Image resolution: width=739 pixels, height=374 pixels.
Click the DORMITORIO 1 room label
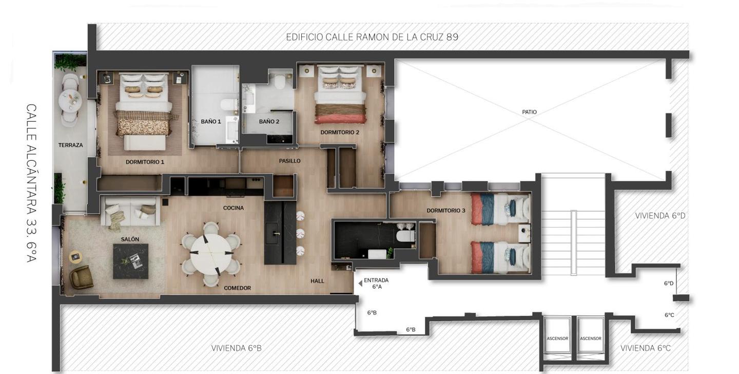[145, 162]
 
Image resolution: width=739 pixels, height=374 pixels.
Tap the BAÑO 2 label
[269, 122]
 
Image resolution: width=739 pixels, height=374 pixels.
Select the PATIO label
[529, 112]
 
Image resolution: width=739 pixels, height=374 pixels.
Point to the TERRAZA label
[71, 145]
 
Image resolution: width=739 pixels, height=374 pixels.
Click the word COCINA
[233, 208]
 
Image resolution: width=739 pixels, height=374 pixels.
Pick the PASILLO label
[289, 161]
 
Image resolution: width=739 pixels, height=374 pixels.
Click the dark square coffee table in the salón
[131, 261]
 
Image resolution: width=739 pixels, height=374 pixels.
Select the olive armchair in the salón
[82, 277]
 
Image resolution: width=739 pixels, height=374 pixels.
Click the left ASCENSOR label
[557, 339]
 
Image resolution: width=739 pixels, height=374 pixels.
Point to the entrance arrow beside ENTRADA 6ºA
[360, 284]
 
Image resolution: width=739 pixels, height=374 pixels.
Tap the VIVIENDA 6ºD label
[660, 216]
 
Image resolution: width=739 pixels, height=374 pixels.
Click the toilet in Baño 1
[229, 104]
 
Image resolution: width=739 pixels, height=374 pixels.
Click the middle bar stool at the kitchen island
[300, 234]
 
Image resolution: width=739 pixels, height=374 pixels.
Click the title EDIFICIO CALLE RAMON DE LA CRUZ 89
[372, 37]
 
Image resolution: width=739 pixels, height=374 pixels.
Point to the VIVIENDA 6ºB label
[236, 348]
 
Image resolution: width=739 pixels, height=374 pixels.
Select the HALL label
[317, 281]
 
